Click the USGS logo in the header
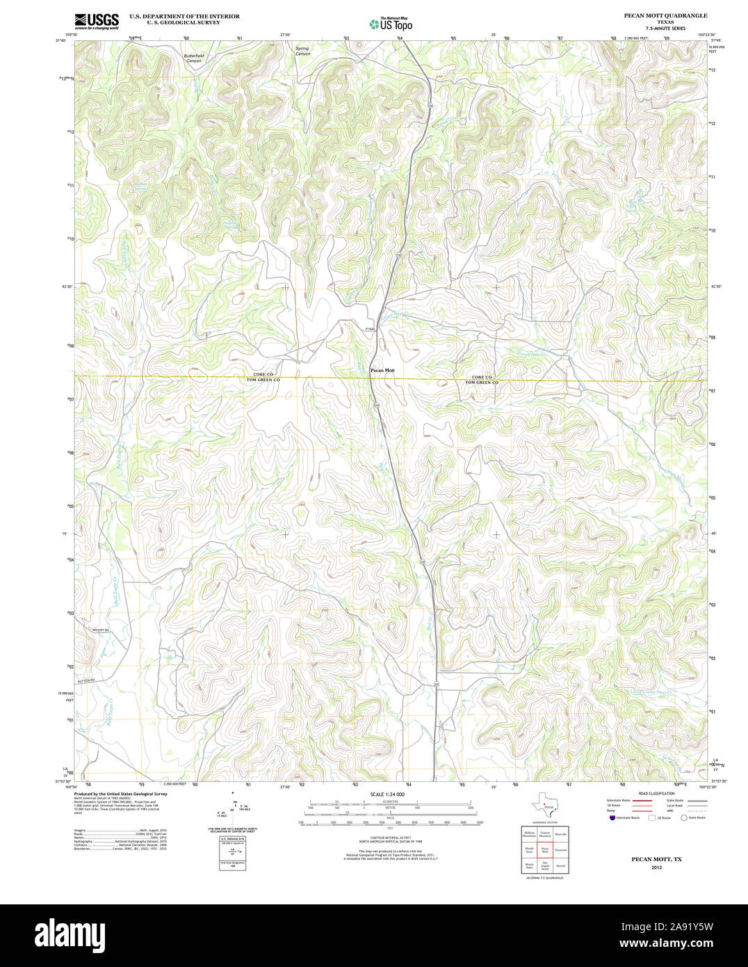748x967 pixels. (x=96, y=21)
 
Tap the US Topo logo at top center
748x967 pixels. (x=391, y=24)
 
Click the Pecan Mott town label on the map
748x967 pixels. (x=382, y=370)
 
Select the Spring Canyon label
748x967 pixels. (x=302, y=51)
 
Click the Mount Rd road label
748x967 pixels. (x=83, y=630)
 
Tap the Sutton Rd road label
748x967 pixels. (x=84, y=680)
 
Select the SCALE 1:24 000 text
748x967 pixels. (x=387, y=794)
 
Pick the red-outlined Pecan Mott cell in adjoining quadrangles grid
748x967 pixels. (x=545, y=849)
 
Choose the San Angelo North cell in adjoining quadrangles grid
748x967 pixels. (x=545, y=867)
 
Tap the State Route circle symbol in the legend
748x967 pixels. (x=683, y=817)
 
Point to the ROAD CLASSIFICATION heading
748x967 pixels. (x=657, y=793)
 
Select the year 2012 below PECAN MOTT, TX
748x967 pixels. (x=657, y=868)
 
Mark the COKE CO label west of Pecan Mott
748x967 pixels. (x=263, y=375)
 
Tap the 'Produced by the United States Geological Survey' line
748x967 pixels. (x=121, y=793)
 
